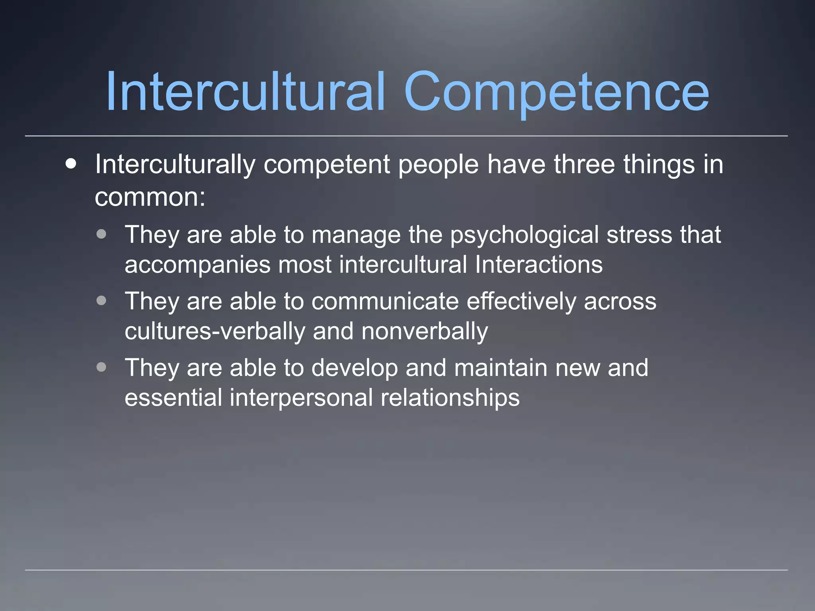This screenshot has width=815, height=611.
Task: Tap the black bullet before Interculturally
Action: pyautogui.click(x=71, y=163)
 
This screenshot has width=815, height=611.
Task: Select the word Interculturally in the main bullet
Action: pyautogui.click(x=175, y=165)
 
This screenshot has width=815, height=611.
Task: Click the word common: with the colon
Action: pyautogui.click(x=150, y=197)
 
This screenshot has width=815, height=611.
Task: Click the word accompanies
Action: pyautogui.click(x=197, y=265)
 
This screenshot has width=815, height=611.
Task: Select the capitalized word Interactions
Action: pyautogui.click(x=539, y=265)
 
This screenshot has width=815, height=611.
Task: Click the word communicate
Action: pyautogui.click(x=385, y=301)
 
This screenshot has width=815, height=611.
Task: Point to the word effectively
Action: pyautogui.click(x=521, y=301)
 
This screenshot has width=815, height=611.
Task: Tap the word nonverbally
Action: pyautogui.click(x=425, y=331)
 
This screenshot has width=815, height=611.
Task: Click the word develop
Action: pyautogui.click(x=355, y=368)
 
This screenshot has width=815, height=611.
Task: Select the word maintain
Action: pyautogui.click(x=501, y=368)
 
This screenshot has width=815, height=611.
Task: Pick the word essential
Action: pyautogui.click(x=173, y=398)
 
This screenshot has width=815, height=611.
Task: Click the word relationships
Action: pyautogui.click(x=450, y=398)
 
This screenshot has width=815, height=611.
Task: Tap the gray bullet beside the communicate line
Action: pyautogui.click(x=101, y=300)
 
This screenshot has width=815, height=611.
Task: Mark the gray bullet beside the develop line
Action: pyautogui.click(x=101, y=367)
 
